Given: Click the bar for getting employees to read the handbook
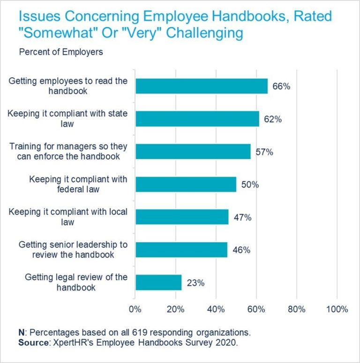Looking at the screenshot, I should (201, 86).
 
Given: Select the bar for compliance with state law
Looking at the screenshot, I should (197, 119).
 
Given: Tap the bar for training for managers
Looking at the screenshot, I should (193, 152).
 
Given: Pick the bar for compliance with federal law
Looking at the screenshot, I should (186, 185).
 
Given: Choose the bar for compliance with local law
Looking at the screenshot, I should (182, 217).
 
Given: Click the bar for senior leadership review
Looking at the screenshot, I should (181, 250).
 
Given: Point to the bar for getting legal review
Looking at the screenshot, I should (158, 282).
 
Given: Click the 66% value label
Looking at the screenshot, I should (282, 87).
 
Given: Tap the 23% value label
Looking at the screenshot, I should (195, 283).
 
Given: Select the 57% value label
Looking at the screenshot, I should (264, 152).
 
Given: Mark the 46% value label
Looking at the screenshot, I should (241, 250).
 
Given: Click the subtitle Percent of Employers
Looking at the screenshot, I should (61, 52).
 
